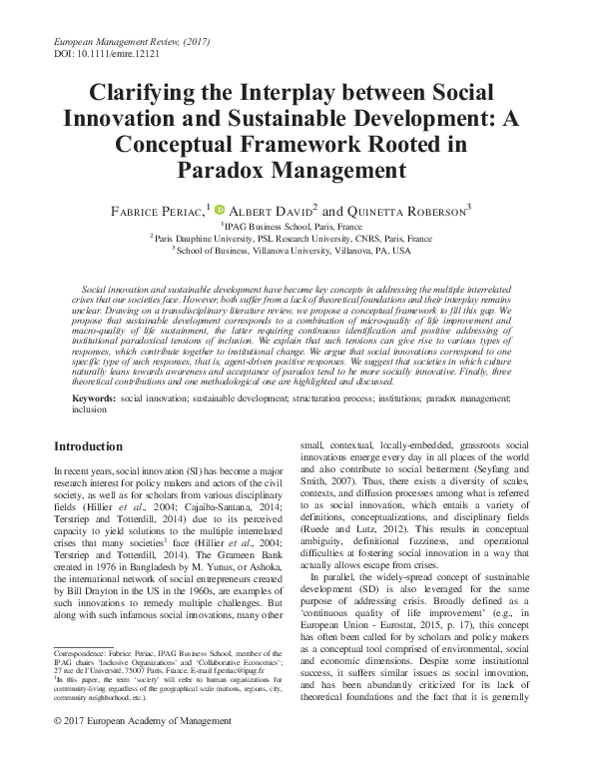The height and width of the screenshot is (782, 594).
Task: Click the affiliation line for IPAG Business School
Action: click(x=298, y=227)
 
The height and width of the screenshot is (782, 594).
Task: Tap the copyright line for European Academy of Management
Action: click(x=129, y=748)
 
